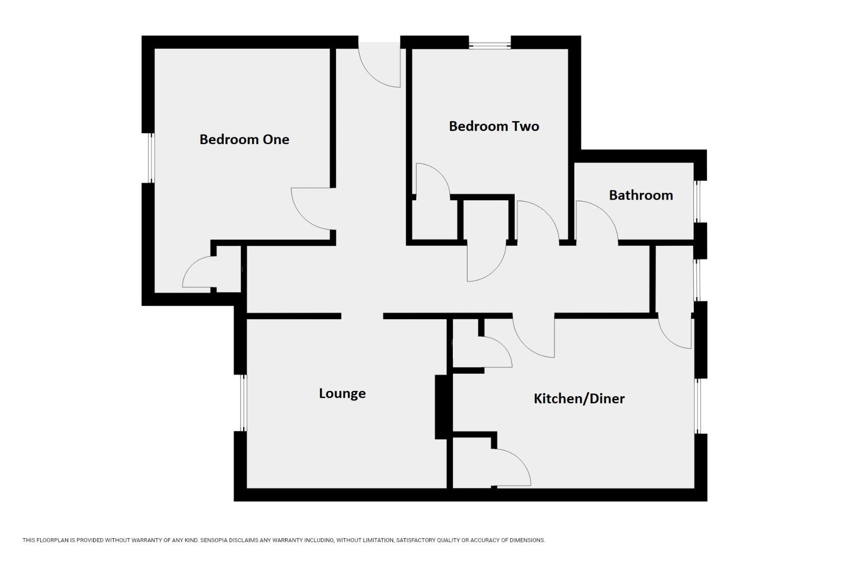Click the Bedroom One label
(244, 139)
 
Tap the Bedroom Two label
(494, 126)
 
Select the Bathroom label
(640, 195)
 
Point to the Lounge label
(342, 394)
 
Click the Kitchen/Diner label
(579, 399)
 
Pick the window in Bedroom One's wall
(150, 157)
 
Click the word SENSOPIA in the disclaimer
(216, 540)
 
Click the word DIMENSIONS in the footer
(527, 540)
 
